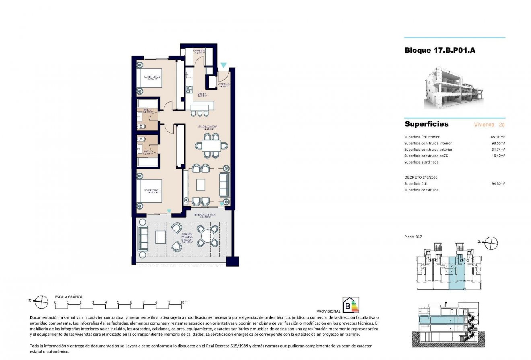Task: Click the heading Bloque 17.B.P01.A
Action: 440,51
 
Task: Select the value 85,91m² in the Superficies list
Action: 497,137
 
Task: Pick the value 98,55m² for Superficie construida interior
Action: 497,143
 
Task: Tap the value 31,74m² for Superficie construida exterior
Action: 497,150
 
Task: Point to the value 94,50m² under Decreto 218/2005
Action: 497,183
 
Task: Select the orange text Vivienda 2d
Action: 490,125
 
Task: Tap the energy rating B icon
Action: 350,305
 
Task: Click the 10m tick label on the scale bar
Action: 184,302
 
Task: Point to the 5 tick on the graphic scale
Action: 118,302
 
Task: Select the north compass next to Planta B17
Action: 490,243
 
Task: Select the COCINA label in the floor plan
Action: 202,94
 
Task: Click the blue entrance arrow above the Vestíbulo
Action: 223,65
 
